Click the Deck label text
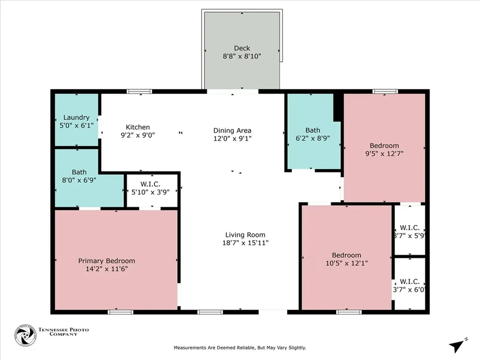242,48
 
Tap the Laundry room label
76,118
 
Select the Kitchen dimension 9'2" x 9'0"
138,135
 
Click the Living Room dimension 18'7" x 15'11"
245,243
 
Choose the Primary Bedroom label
106,261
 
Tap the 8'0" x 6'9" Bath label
79,172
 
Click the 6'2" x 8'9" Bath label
313,130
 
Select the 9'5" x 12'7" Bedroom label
384,146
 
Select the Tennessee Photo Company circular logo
25,335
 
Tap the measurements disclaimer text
240,348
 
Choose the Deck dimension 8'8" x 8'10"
242,56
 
